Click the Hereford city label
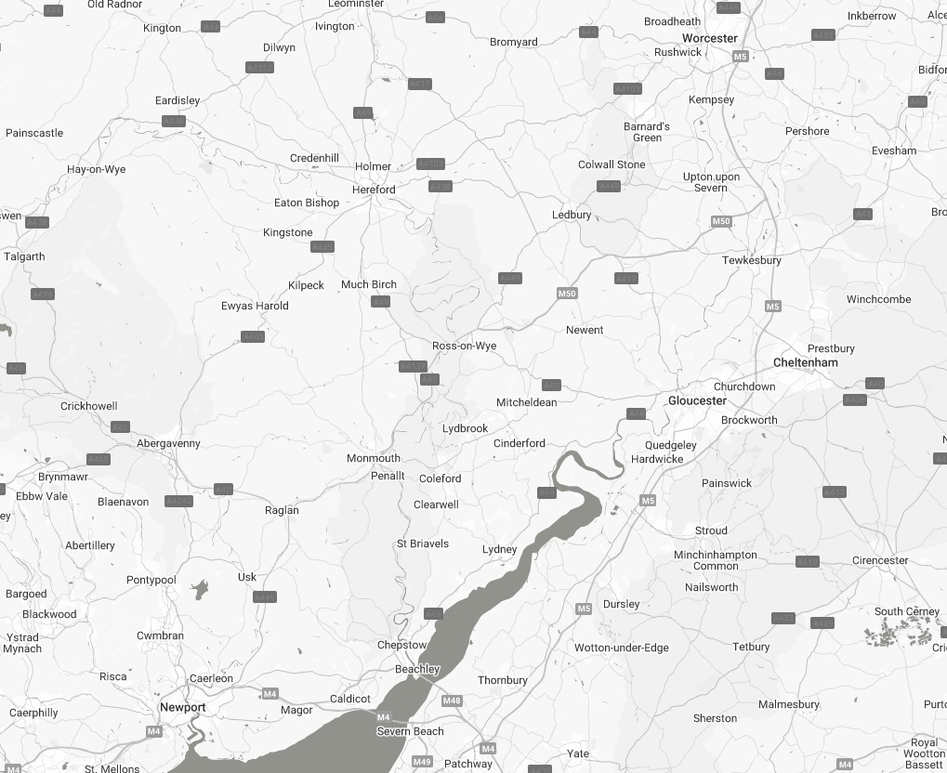(x=374, y=190)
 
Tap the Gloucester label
(x=697, y=400)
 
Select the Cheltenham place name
(x=806, y=362)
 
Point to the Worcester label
(x=709, y=38)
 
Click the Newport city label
(x=182, y=707)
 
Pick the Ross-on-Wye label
(x=465, y=346)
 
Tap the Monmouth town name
(x=374, y=458)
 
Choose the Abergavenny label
(x=168, y=443)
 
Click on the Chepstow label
(x=402, y=645)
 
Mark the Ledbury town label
(x=572, y=215)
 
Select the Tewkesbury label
(x=752, y=260)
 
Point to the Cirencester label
(x=880, y=560)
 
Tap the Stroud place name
(x=711, y=531)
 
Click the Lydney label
(x=499, y=549)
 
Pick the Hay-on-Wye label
(x=97, y=170)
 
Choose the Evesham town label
(x=894, y=151)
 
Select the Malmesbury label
(x=789, y=704)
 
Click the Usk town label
(x=247, y=577)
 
